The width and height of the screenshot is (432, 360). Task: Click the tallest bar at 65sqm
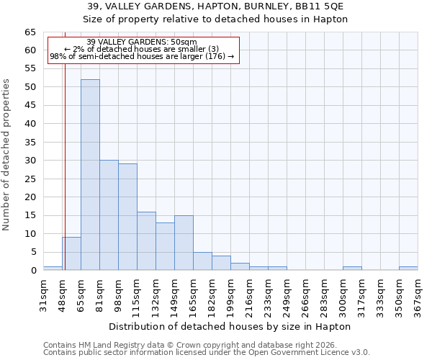(90, 175)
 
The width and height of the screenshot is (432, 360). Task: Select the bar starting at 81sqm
(109, 215)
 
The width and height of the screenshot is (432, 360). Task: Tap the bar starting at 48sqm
(71, 253)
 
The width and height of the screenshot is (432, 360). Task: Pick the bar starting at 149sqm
(184, 243)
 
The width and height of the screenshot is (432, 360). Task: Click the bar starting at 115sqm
(146, 241)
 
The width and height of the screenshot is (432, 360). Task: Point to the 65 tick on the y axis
(31, 32)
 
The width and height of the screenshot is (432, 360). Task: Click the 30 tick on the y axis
(31, 161)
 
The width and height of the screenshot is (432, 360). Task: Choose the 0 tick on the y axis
(34, 271)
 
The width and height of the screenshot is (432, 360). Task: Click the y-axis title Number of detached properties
(7, 155)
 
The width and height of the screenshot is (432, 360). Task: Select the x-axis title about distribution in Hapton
(230, 326)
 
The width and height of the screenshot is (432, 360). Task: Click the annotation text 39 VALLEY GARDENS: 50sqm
(141, 42)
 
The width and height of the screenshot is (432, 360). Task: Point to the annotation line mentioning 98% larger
(142, 56)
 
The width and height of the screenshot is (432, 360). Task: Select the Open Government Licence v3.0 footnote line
(207, 352)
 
